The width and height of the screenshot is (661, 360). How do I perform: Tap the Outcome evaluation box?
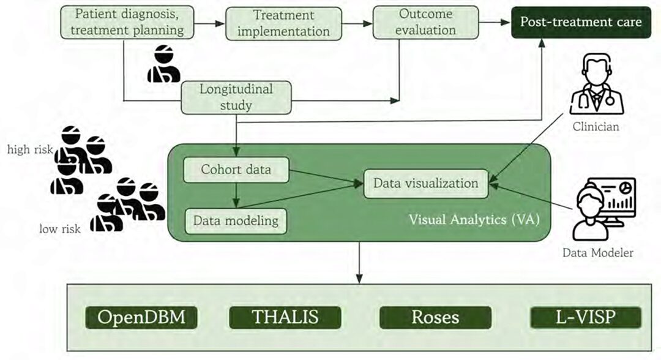(427, 21)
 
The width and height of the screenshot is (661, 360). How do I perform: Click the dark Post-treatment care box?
(580, 22)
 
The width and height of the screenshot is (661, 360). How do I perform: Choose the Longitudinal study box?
(236, 97)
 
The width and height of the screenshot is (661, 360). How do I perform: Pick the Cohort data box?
(236, 169)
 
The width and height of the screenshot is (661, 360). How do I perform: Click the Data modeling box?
(236, 220)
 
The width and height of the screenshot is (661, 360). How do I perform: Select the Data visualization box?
(425, 183)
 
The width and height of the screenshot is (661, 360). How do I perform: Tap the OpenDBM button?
(141, 317)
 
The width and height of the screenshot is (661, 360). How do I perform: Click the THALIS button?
(285, 317)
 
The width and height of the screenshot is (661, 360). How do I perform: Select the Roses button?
(435, 317)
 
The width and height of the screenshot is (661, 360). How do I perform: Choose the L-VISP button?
(585, 317)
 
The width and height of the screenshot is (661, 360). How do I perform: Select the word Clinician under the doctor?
(596, 127)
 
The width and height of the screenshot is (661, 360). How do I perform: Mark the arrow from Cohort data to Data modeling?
(236, 195)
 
